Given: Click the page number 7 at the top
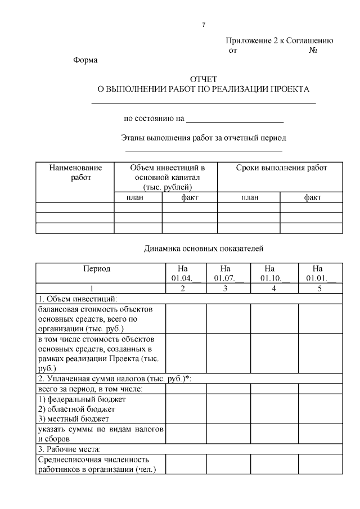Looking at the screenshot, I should [204, 25].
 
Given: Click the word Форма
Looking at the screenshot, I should [85, 61].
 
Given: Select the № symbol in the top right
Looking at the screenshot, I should [314, 51].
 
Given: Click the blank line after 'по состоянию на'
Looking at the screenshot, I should [234, 119].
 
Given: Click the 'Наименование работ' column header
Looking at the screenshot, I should [75, 173].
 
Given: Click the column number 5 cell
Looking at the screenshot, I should [319, 289].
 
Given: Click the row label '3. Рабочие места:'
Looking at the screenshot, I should [69, 449].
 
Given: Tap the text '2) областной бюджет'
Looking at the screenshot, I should [76, 409].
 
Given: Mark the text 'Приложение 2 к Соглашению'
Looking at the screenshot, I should [280, 41].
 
